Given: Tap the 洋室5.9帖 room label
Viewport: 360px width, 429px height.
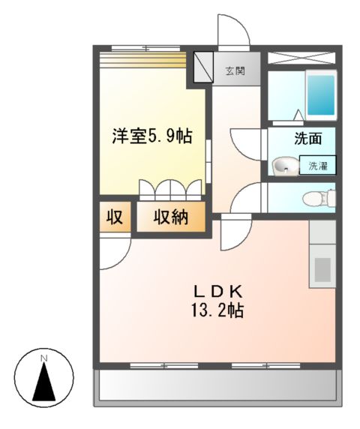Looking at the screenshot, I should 152,136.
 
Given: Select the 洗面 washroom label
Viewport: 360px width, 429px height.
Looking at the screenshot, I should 307,138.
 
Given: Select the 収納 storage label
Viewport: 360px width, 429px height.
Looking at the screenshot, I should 171,218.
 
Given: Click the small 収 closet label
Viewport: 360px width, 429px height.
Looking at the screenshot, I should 113,218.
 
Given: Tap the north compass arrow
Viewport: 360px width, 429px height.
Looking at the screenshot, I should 44,382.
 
